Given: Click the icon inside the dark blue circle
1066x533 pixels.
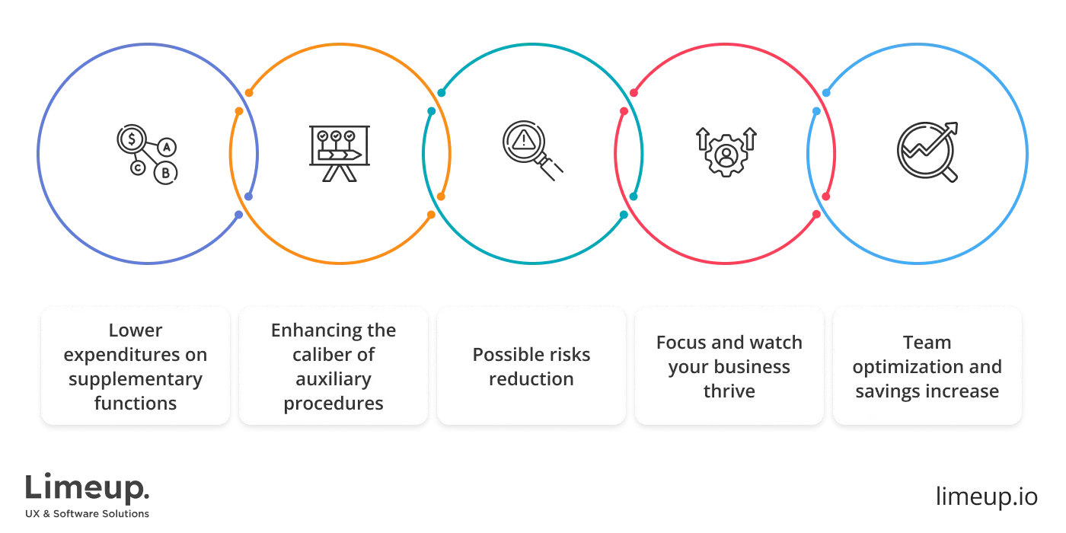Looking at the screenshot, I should (149, 155).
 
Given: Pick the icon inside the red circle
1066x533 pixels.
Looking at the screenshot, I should (727, 152).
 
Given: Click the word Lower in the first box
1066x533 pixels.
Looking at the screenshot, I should (136, 330).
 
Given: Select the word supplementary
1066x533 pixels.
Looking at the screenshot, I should (136, 379).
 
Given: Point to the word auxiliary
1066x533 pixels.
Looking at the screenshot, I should (334, 379).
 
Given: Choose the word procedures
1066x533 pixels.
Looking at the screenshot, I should (334, 404).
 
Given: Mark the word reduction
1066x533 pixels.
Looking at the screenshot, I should (531, 379).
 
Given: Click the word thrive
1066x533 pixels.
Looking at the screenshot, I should (729, 391).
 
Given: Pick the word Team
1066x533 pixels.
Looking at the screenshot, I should (927, 343).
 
